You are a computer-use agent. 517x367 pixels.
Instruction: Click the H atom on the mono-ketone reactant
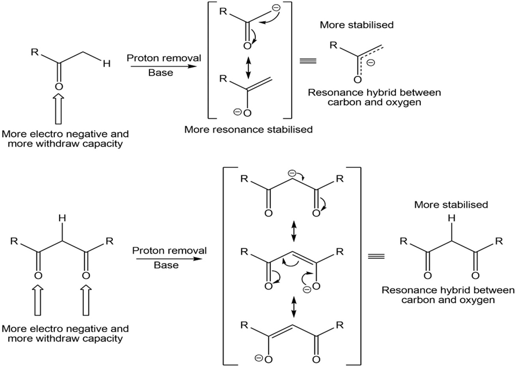pos(107,64)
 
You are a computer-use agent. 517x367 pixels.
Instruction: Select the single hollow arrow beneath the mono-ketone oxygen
pos(57,110)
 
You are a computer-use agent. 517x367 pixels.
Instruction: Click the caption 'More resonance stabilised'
pos(248,130)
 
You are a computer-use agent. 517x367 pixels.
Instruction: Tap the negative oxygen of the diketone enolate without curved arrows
pos(244,358)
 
